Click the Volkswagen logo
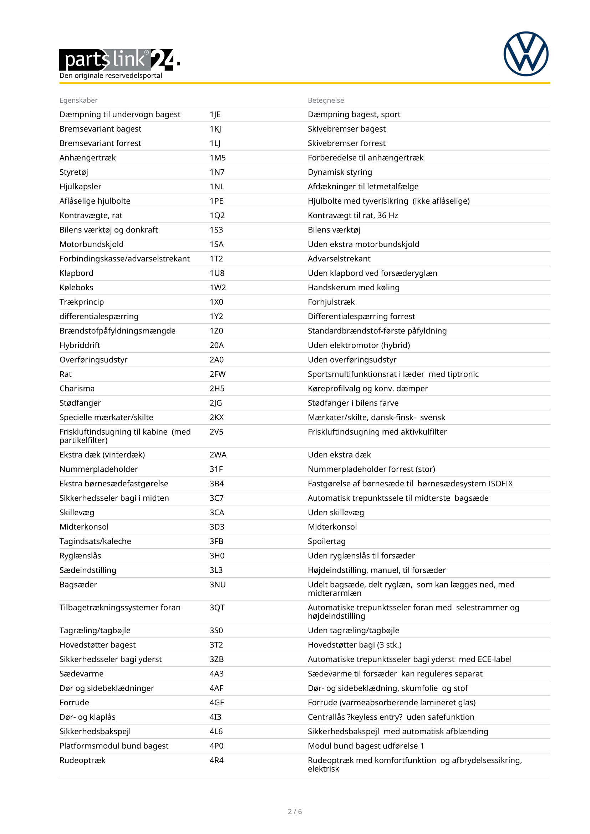(526, 54)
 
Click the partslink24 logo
(119, 60)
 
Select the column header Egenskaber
(78, 100)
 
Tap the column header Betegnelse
(326, 100)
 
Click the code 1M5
(218, 158)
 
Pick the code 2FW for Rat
(217, 374)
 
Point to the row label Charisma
(77, 389)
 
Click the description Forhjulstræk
(331, 302)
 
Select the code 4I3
(215, 717)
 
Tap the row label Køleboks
(76, 288)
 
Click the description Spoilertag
(326, 541)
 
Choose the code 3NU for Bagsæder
(217, 584)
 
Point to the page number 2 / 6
(295, 812)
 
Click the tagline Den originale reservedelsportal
(111, 76)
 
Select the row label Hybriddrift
(80, 346)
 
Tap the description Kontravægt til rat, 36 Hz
(353, 215)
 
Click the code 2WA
(218, 455)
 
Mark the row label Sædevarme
(81, 674)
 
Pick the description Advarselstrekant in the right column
(339, 259)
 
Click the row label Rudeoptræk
(82, 760)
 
